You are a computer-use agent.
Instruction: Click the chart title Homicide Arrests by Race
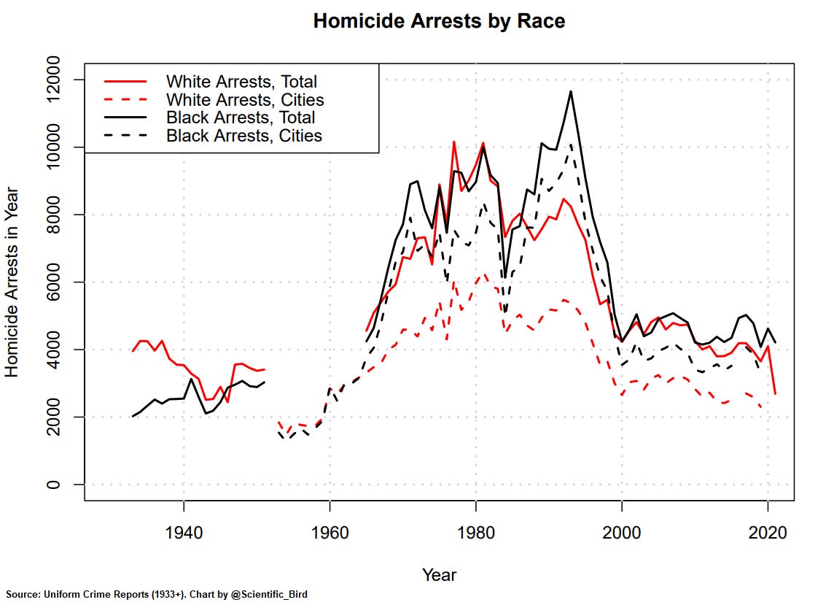coord(439,21)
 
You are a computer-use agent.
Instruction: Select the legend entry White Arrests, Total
coord(241,81)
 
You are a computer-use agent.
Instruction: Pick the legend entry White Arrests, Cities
coord(245,99)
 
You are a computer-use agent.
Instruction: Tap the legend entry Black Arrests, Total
coord(241,117)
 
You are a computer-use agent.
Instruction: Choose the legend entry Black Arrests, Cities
coord(244,135)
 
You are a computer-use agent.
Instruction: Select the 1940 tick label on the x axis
coord(184,533)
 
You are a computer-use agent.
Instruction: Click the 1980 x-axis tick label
coord(475,533)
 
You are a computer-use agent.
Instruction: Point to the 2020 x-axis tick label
coord(767,533)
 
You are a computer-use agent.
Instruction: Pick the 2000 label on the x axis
coord(621,533)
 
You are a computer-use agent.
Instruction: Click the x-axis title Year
coord(439,575)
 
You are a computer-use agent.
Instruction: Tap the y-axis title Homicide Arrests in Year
coord(12,282)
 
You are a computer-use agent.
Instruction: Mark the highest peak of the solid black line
coord(571,91)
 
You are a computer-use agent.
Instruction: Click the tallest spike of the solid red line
coord(453,142)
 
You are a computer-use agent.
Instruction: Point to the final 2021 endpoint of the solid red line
coord(775,394)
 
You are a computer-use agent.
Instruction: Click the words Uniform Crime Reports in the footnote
coord(89,595)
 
